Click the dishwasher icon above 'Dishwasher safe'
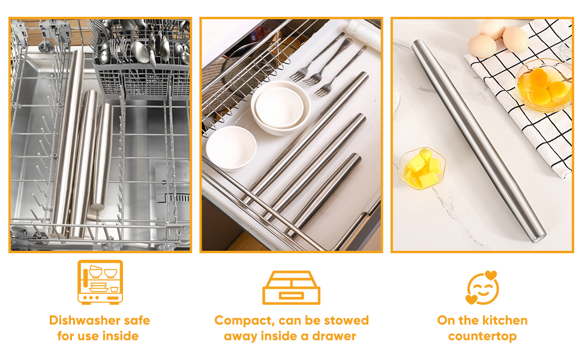pyautogui.click(x=100, y=282)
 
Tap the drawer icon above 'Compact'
pyautogui.click(x=292, y=287)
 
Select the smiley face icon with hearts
pyautogui.click(x=482, y=287)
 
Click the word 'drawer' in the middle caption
pyautogui.click(x=334, y=336)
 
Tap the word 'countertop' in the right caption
pyautogui.click(x=482, y=337)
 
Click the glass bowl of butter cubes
pyautogui.click(x=422, y=168)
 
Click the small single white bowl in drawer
pyautogui.click(x=231, y=148)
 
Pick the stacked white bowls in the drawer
pyautogui.click(x=280, y=107)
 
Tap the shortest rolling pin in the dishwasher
pyautogui.click(x=101, y=156)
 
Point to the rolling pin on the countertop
pyautogui.click(x=479, y=141)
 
